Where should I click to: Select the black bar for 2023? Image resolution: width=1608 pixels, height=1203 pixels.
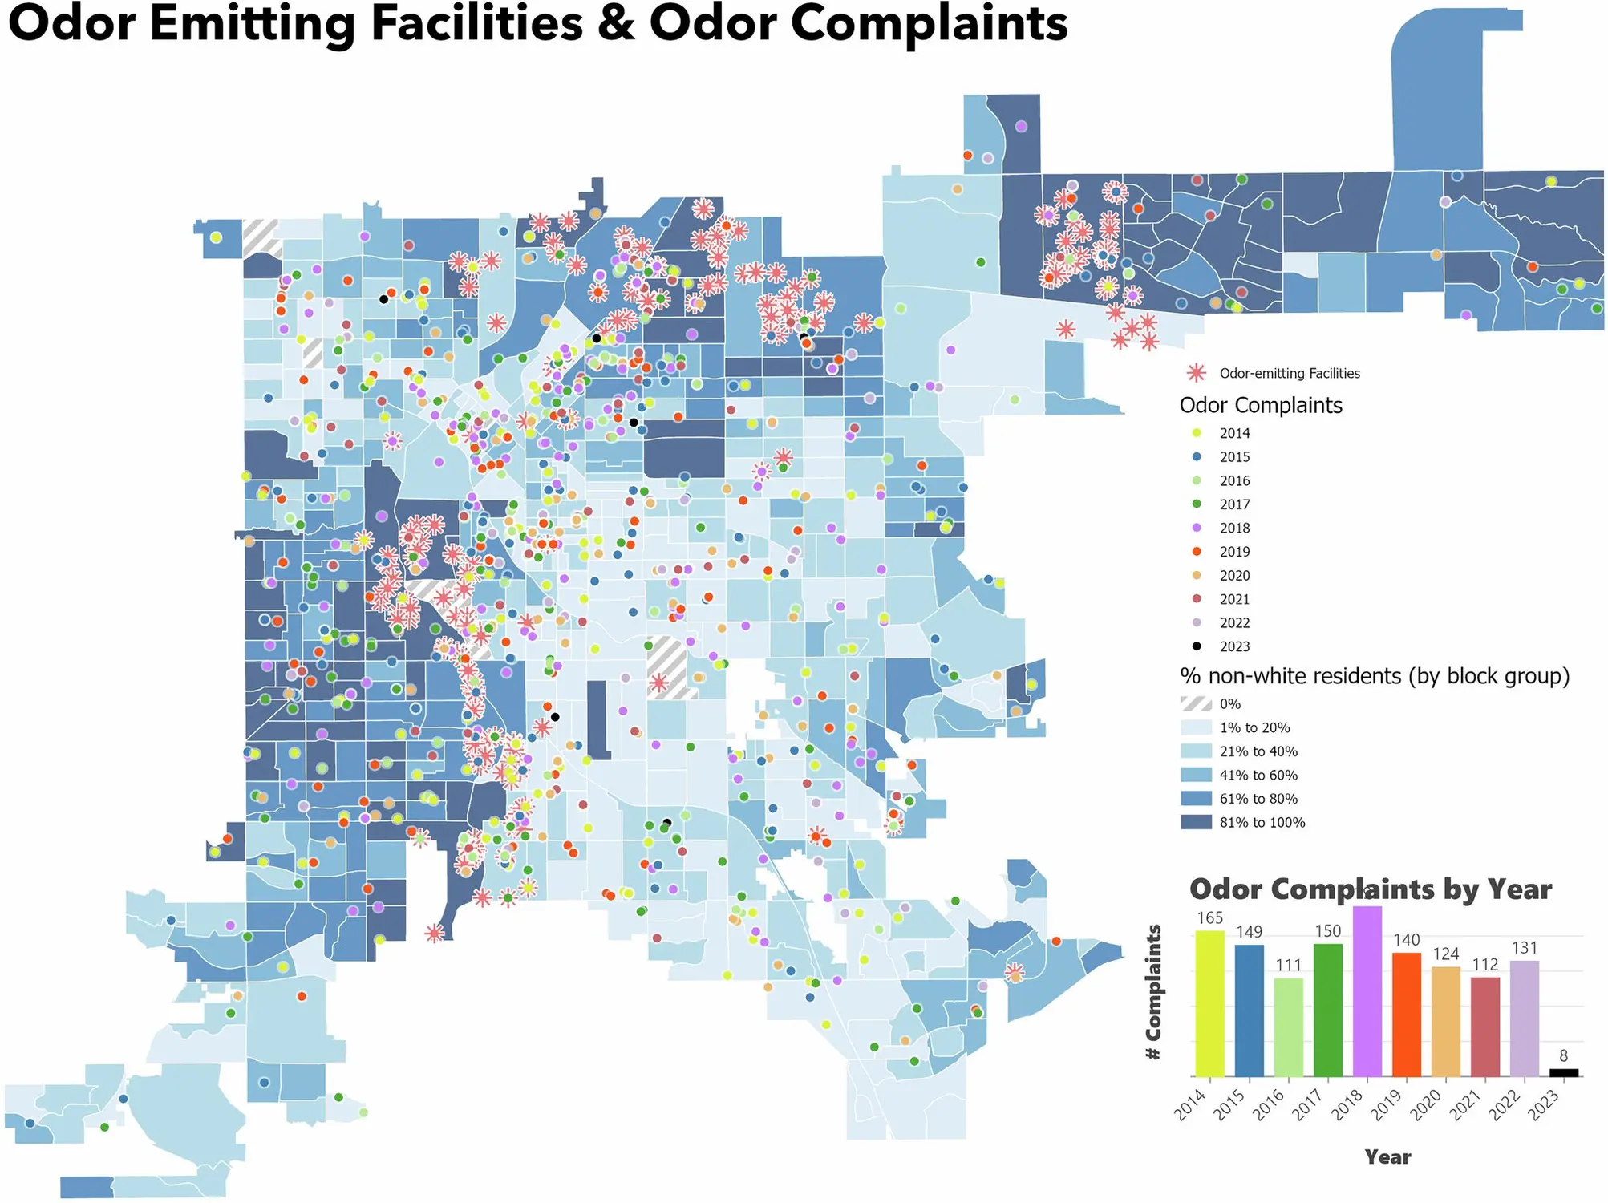click(x=1564, y=1072)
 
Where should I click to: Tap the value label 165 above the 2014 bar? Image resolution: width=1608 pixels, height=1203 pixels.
click(x=1210, y=918)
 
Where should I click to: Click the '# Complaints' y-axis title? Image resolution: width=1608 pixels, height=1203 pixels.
click(x=1154, y=992)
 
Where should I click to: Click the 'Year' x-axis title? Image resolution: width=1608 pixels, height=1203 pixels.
click(x=1387, y=1156)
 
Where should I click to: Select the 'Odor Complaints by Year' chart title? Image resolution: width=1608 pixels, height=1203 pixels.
click(x=1370, y=889)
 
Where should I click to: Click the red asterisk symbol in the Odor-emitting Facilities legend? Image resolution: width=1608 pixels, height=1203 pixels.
click(x=1197, y=373)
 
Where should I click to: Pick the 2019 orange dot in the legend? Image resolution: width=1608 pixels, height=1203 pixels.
click(x=1197, y=551)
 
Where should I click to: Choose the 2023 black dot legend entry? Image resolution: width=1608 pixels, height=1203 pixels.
click(x=1197, y=646)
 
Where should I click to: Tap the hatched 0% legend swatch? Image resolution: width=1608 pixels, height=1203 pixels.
click(x=1196, y=704)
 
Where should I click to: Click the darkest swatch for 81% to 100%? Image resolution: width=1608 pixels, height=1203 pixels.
click(x=1196, y=822)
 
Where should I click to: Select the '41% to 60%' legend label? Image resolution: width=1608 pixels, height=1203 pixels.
click(x=1258, y=775)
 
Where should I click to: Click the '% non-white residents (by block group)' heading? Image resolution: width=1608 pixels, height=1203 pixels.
click(x=1374, y=676)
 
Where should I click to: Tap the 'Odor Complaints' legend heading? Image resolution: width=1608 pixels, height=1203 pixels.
click(x=1261, y=405)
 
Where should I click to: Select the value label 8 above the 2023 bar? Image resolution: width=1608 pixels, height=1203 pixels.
click(x=1564, y=1056)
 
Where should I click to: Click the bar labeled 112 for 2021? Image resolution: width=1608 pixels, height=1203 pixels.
click(x=1485, y=1027)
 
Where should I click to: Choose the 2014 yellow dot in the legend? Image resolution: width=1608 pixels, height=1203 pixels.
click(x=1197, y=433)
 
